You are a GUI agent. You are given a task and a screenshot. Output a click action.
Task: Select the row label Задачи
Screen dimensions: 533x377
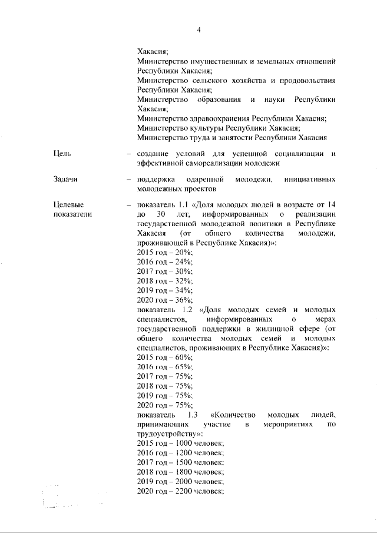click(65, 179)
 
